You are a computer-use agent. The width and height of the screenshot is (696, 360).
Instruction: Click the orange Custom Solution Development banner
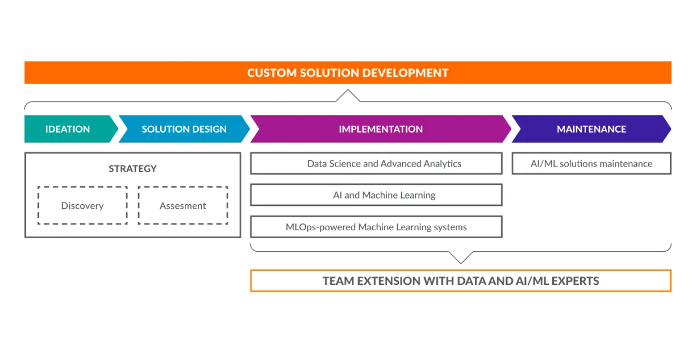(348, 73)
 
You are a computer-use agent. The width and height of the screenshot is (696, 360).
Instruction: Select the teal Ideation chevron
(68, 129)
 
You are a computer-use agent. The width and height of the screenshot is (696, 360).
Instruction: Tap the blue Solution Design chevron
(184, 129)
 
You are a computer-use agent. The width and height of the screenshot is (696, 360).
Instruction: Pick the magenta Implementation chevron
(380, 129)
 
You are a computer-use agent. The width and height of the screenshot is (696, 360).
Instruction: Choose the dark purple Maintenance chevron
(591, 129)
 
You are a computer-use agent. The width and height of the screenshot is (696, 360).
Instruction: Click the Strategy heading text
(133, 169)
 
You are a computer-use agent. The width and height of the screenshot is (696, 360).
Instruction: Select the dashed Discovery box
(83, 205)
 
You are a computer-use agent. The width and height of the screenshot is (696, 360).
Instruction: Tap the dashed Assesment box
(182, 205)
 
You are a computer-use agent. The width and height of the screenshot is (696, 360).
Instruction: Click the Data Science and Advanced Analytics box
(376, 164)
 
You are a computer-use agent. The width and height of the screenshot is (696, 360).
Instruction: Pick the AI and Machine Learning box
(376, 195)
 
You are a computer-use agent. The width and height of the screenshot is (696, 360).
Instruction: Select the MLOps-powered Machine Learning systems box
(376, 227)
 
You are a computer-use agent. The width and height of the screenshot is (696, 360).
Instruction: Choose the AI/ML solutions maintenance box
(591, 164)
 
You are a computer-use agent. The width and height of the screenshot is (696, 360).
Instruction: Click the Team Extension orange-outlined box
(460, 281)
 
